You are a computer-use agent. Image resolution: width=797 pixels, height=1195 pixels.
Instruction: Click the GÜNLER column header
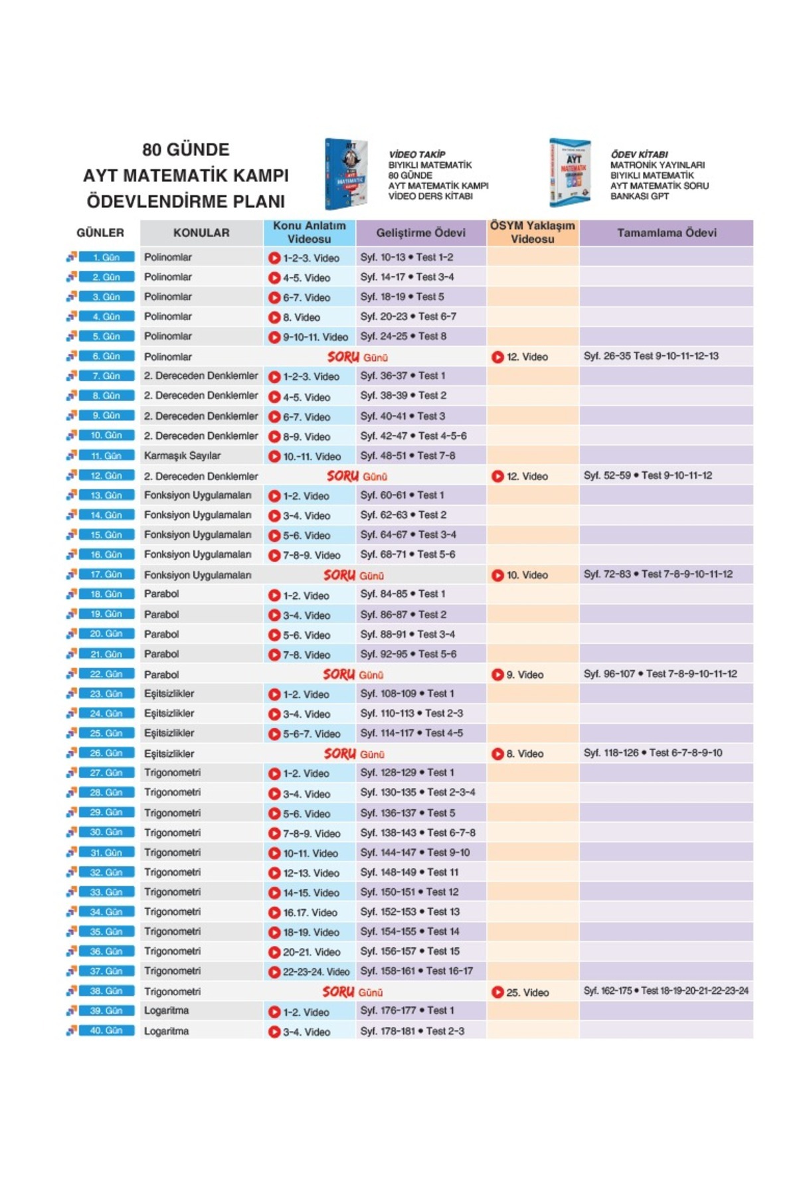[100, 233]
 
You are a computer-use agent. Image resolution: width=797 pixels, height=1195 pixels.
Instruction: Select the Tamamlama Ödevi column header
[666, 233]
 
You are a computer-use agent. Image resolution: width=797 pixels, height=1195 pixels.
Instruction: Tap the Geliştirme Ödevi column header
[420, 233]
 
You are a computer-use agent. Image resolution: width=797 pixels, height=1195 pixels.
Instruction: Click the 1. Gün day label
[106, 257]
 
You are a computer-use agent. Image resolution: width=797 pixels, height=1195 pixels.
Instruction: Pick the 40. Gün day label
[106, 1031]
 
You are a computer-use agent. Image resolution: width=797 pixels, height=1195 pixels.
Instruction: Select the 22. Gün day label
[106, 674]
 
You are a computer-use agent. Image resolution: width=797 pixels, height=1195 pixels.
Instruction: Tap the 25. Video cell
[527, 993]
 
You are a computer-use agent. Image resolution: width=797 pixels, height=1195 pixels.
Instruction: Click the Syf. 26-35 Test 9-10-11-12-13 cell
[651, 357]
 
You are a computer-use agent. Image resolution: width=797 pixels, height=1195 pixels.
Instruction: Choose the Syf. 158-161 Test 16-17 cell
[416, 971]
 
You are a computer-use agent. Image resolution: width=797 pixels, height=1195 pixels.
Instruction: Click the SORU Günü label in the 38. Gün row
[353, 992]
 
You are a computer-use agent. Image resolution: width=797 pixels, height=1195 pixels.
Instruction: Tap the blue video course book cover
[346, 174]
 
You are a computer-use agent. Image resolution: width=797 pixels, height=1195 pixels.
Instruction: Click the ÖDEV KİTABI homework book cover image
[570, 173]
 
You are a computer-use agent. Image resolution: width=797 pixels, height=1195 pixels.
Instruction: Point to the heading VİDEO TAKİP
[417, 154]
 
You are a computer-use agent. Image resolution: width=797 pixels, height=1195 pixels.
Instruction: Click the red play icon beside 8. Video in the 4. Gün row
[274, 317]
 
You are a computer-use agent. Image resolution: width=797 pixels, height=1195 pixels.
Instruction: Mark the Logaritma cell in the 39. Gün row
[167, 1011]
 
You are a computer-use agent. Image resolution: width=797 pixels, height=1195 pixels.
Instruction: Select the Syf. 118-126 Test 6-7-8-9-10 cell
[653, 753]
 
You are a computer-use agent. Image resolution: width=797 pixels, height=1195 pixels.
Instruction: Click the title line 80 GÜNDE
[186, 150]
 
